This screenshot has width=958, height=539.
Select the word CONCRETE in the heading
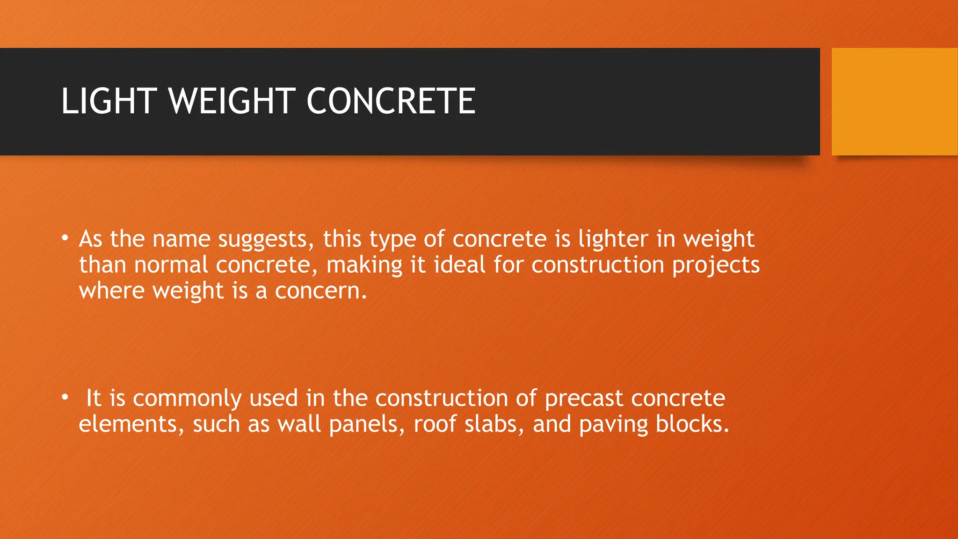pos(391,101)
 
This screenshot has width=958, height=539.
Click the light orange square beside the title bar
pos(894,102)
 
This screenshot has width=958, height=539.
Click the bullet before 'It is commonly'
pos(65,397)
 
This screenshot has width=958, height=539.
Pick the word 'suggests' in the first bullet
pos(266,240)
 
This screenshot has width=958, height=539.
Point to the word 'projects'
pos(716,266)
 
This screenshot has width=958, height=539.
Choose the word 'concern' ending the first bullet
pos(318,291)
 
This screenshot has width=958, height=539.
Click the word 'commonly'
pos(187,399)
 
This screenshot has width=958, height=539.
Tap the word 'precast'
pos(584,399)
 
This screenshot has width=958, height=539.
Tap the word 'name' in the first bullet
pos(181,239)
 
